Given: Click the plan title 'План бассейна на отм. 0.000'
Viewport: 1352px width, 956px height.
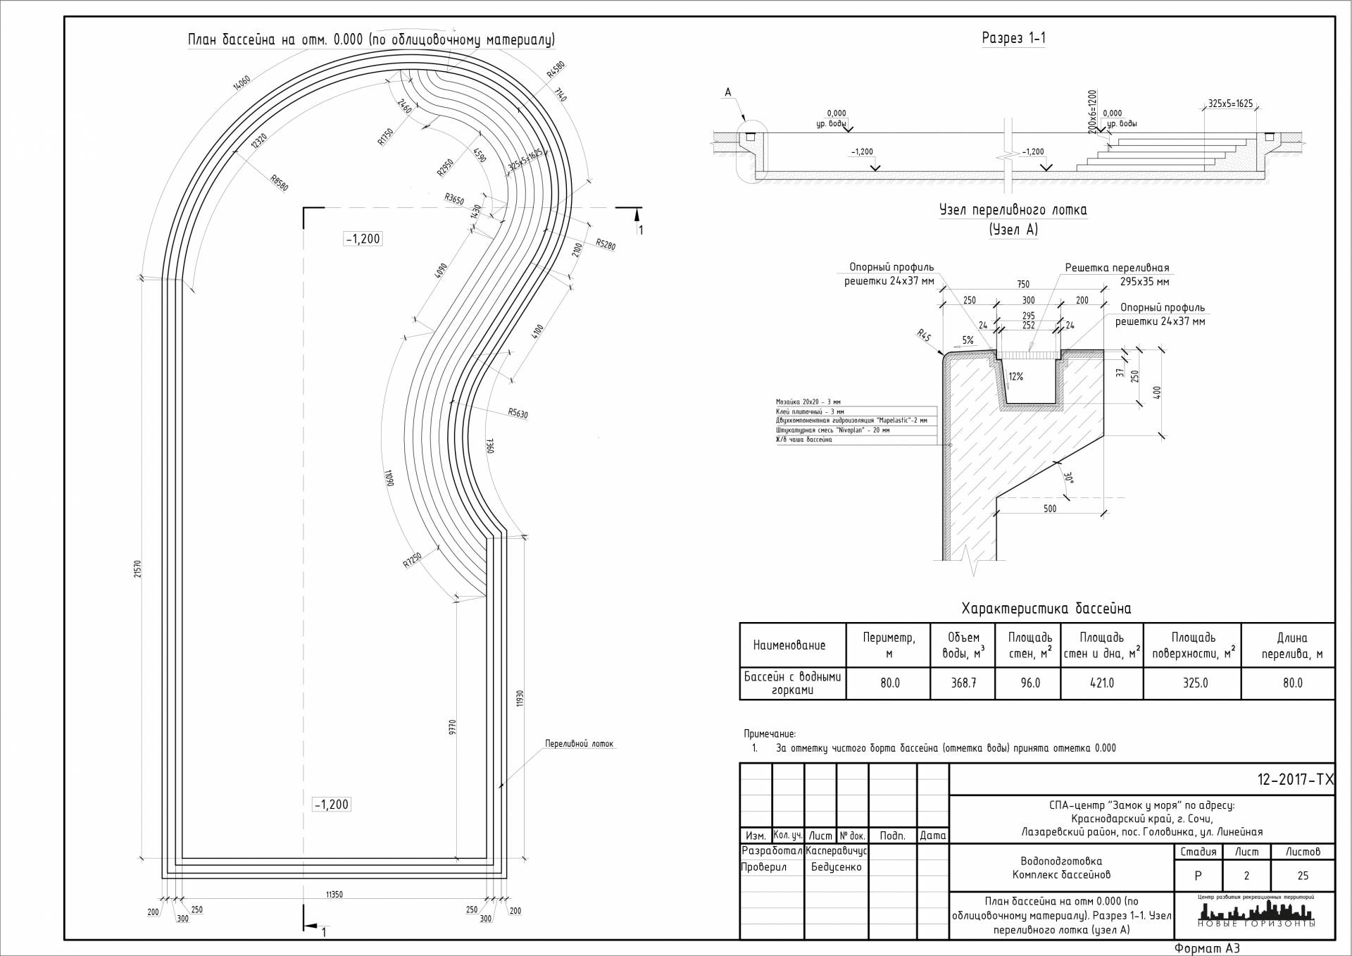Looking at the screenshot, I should pos(371,39).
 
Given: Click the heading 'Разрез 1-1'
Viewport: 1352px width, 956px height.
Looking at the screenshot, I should pos(1013,38).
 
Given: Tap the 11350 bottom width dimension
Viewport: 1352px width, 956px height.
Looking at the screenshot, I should pos(334,895).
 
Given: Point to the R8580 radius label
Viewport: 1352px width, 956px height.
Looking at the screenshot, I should pos(280,183).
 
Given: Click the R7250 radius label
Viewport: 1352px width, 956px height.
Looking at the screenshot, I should pos(412,560).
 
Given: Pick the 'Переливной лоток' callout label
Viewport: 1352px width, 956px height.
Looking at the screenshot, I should pos(579,744).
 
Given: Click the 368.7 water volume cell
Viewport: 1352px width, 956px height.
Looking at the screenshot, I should pos(963,683).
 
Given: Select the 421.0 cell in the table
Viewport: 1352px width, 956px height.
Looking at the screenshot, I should pos(1101,683).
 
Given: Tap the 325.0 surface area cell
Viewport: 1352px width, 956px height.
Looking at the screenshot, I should pos(1195,683).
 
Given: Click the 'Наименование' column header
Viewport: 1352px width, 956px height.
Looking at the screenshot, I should pos(789,645).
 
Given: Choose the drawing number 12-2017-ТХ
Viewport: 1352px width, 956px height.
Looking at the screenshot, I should pos(1295,780).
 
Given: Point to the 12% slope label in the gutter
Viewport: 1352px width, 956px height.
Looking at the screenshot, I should pos(1015,377).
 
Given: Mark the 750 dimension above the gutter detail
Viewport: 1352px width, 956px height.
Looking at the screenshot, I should pos(1022,285).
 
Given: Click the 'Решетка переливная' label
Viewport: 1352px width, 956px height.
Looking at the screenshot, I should pos(1117,268).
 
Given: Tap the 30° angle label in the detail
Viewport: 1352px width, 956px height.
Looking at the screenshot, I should pos(1068,478).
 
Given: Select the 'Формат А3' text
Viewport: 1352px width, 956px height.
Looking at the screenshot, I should pos(1206,948).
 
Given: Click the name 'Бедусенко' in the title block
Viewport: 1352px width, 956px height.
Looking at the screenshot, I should pos(836,867).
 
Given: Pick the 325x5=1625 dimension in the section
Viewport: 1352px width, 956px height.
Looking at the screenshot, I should pos(1230,104).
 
